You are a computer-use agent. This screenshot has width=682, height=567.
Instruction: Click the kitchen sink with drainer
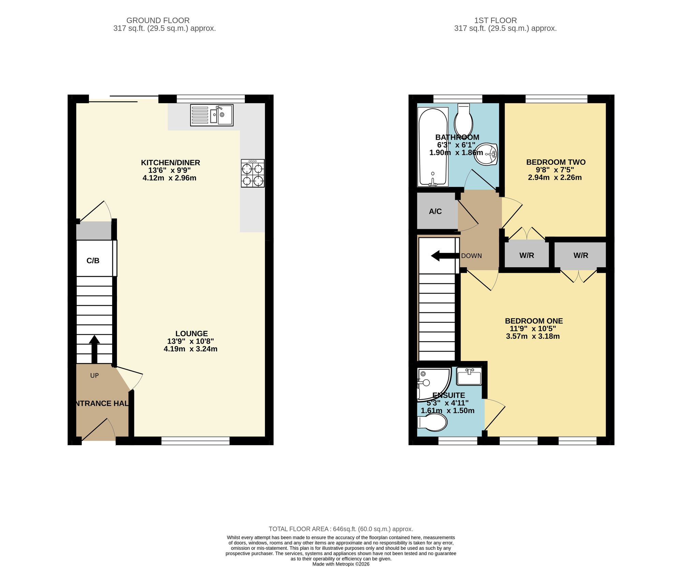coord(211,115)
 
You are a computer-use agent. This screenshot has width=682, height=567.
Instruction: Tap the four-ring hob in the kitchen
coord(253,173)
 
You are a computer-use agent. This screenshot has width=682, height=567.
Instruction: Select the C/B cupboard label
coord(93,261)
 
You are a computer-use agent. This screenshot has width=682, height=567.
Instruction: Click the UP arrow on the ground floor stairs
coord(94,349)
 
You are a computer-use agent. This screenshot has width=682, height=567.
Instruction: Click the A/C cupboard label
coord(435,211)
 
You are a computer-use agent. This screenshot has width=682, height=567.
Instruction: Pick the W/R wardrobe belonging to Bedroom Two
coord(527,255)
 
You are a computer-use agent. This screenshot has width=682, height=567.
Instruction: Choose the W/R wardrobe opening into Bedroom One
coord(580,255)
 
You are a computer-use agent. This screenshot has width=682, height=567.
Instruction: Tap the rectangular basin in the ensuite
coord(469,376)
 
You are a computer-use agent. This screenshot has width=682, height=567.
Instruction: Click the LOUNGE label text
coord(191,334)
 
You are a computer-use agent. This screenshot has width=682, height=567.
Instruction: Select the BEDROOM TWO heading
coord(555,162)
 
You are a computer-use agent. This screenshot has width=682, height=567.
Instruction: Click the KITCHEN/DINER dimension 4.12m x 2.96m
coord(169,178)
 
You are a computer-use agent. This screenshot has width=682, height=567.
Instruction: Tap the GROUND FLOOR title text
coord(158,20)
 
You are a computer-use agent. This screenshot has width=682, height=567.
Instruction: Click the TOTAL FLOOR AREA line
coord(341,529)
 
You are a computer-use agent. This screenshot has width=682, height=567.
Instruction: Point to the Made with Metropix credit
coord(341,564)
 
